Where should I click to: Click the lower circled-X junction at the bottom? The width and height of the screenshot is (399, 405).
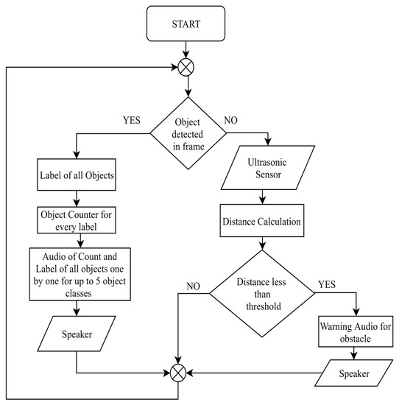(x=177, y=372)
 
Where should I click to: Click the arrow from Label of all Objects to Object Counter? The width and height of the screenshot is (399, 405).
(x=76, y=197)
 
